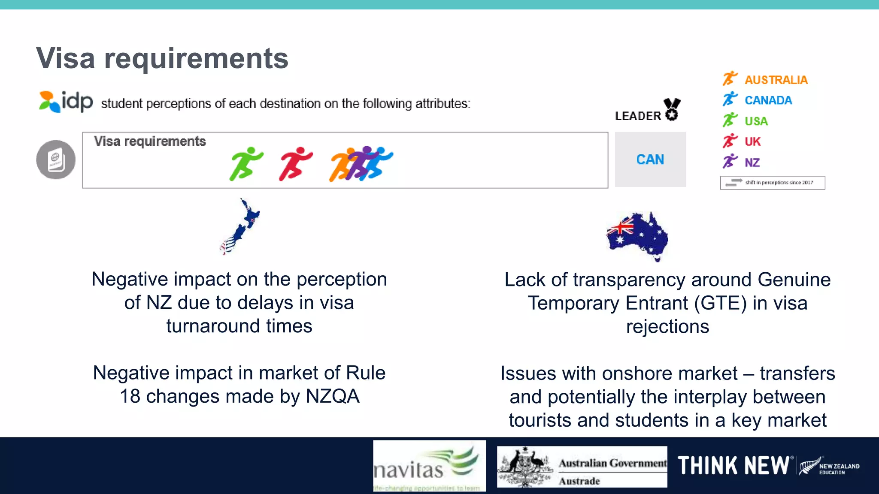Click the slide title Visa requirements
pyautogui.click(x=162, y=58)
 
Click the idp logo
pyautogui.click(x=66, y=102)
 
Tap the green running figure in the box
pyautogui.click(x=245, y=163)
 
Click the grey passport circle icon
pyautogui.click(x=56, y=160)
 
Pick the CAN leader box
pyautogui.click(x=650, y=160)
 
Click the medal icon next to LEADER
pyautogui.click(x=672, y=109)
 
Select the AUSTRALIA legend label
pyautogui.click(x=776, y=80)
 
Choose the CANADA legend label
pyautogui.click(x=768, y=100)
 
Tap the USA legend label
pyautogui.click(x=756, y=121)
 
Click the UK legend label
pyautogui.click(x=752, y=142)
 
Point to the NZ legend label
pyautogui.click(x=752, y=163)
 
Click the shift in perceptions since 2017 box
pyautogui.click(x=772, y=183)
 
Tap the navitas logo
pyautogui.click(x=429, y=466)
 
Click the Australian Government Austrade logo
pyautogui.click(x=582, y=467)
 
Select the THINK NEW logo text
pyautogui.click(x=733, y=466)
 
